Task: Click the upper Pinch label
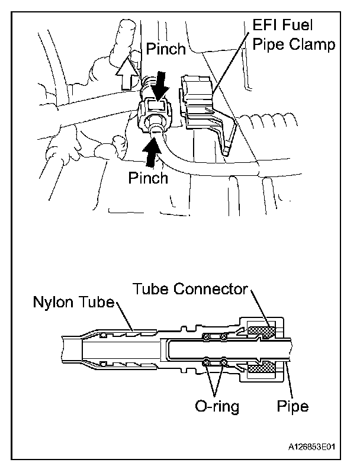166,49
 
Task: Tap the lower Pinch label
148,178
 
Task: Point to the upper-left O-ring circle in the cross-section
207,337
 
